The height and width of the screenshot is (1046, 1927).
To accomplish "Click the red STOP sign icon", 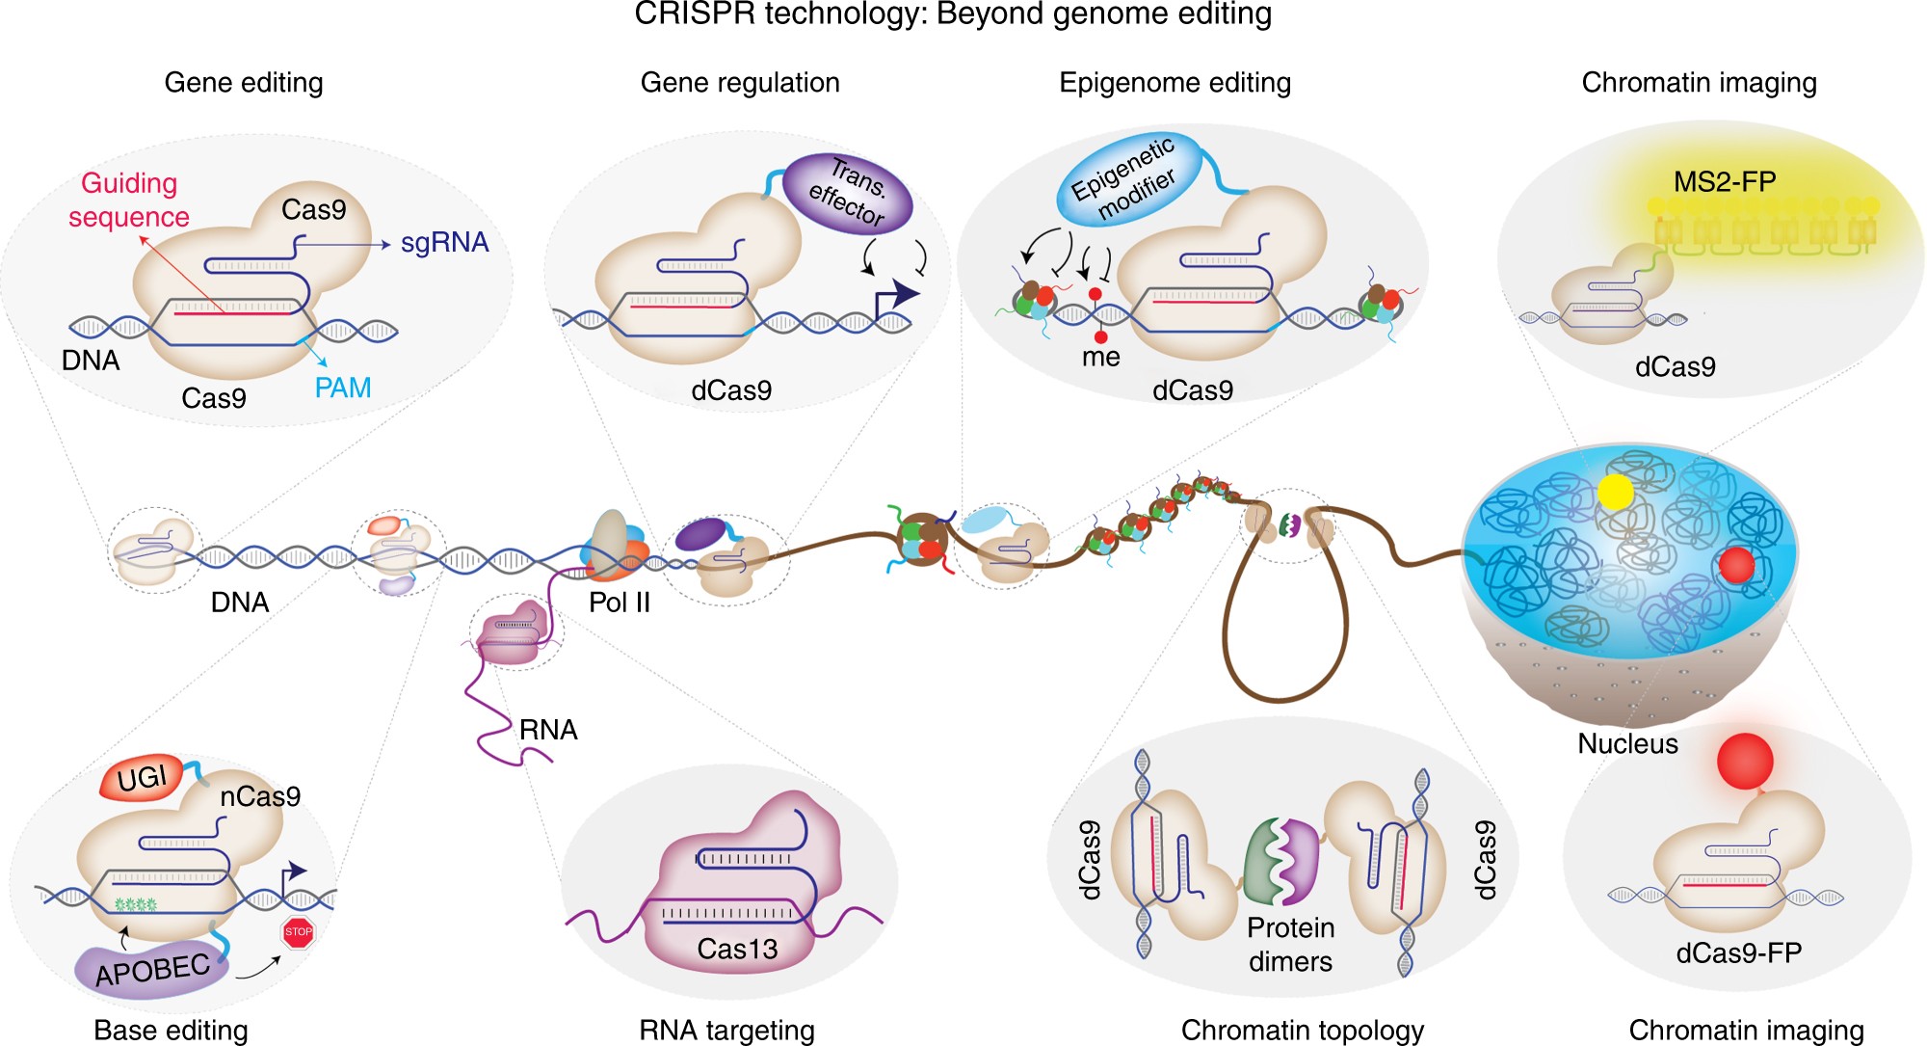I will pyautogui.click(x=298, y=931).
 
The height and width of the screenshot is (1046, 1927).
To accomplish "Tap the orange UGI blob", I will pyautogui.click(x=143, y=777).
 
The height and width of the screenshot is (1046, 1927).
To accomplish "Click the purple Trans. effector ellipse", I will pyautogui.click(x=847, y=193).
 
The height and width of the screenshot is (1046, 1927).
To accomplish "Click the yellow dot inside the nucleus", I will pyautogui.click(x=1615, y=492).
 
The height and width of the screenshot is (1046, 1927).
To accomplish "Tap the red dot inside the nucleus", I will pyautogui.click(x=1736, y=565).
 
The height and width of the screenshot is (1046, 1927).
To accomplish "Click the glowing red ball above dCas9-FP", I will pyautogui.click(x=1744, y=761).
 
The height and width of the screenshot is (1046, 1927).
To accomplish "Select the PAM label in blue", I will pyautogui.click(x=343, y=388).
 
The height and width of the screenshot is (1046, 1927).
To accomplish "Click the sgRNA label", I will pyautogui.click(x=444, y=243).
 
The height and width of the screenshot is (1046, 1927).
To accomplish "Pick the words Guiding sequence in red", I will pyautogui.click(x=129, y=200).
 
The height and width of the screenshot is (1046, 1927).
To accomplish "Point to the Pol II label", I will pyautogui.click(x=620, y=603).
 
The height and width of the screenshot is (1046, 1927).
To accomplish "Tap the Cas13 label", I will pyautogui.click(x=737, y=950).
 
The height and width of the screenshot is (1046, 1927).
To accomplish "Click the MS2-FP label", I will pyautogui.click(x=1725, y=181).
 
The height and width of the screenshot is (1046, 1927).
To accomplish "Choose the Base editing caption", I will pyautogui.click(x=171, y=1030).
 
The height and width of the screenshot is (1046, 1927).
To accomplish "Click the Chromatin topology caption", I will pyautogui.click(x=1302, y=1030).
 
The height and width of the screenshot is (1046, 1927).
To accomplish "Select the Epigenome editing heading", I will pyautogui.click(x=1175, y=83).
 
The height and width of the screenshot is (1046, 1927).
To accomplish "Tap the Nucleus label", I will pyautogui.click(x=1627, y=743).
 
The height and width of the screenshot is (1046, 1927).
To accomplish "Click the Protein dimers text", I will pyautogui.click(x=1290, y=944).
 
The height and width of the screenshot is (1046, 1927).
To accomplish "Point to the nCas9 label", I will pyautogui.click(x=260, y=796).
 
